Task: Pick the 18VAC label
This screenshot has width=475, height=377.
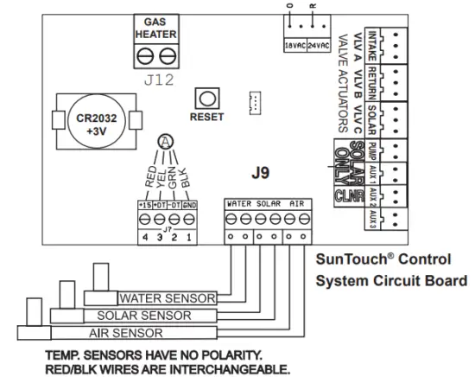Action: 294,44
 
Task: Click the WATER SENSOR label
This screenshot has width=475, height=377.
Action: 168,299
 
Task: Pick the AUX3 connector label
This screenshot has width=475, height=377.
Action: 371,219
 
